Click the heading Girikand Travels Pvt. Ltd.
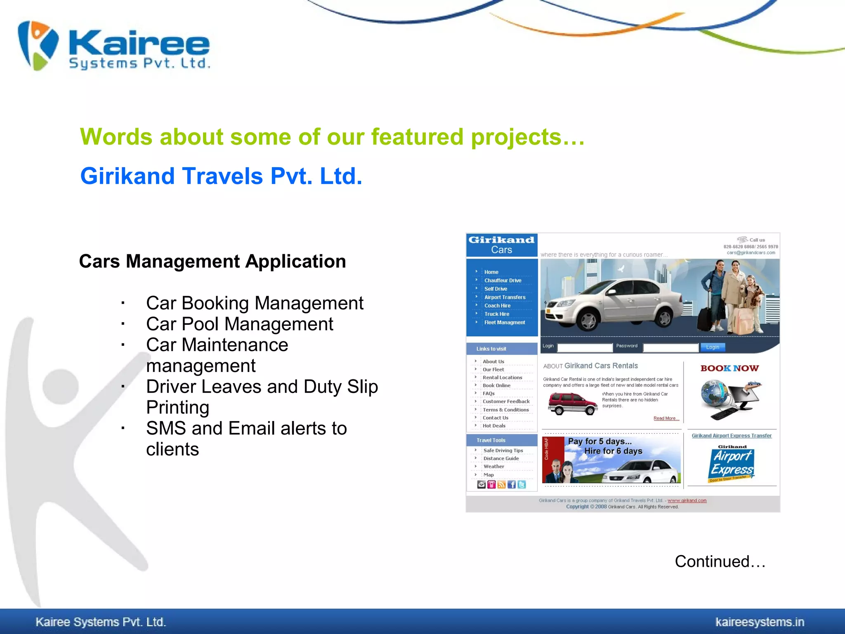click(x=221, y=176)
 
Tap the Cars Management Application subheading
click(x=212, y=261)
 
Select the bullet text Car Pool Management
click(x=239, y=324)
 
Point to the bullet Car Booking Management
click(x=255, y=303)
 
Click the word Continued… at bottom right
click(x=720, y=561)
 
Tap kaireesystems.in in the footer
click(x=760, y=622)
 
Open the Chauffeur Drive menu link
click(x=503, y=281)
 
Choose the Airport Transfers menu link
click(x=505, y=297)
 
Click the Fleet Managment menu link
click(x=504, y=322)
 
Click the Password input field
click(x=670, y=348)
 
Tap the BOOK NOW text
click(x=729, y=368)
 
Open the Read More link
click(x=666, y=419)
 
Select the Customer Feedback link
click(x=506, y=401)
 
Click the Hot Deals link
click(x=494, y=426)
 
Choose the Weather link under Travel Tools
click(x=493, y=466)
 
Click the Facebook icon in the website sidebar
click(x=512, y=485)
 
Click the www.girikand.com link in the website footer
click(x=687, y=501)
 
